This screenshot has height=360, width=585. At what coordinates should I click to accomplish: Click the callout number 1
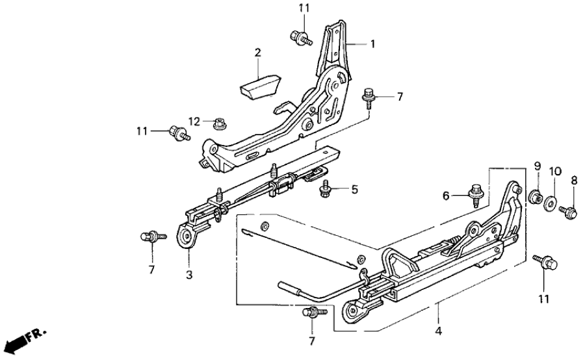[373, 44]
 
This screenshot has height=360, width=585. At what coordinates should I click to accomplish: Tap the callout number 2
[257, 51]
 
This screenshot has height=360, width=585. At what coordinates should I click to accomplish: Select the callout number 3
[189, 275]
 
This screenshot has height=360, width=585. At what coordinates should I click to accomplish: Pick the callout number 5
[354, 190]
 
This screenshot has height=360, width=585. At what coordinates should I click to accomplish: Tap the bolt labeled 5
[326, 190]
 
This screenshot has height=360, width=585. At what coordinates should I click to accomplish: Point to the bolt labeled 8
[569, 211]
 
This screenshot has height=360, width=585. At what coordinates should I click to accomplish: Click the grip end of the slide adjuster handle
[287, 286]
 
